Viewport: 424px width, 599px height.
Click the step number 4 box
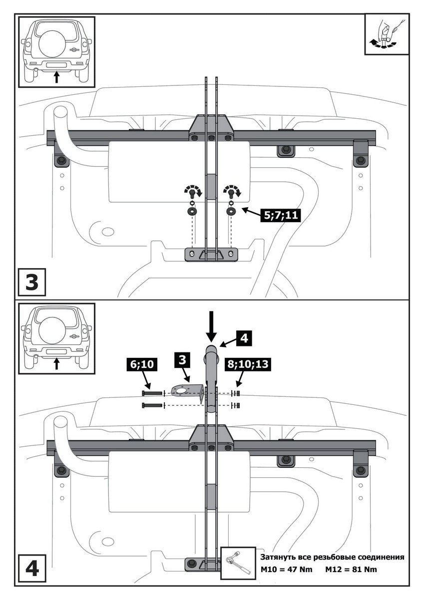32,570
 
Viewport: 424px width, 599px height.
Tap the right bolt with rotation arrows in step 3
231,192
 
